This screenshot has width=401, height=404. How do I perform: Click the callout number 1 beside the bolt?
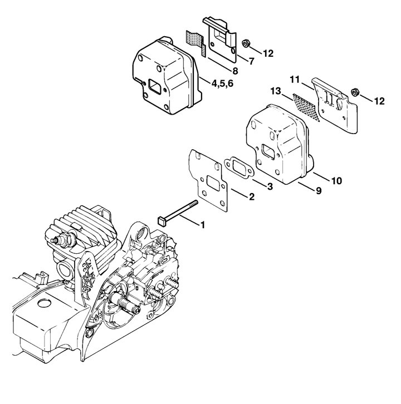coord(203,225)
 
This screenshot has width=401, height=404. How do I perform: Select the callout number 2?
coord(252,196)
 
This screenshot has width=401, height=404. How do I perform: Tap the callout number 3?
coord(270,186)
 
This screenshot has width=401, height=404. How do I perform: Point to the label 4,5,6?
coord(222,83)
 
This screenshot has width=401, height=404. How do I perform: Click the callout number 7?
coord(251,61)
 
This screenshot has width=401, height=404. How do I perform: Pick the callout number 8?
coord(235,71)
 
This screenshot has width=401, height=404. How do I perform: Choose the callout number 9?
coord(319,191)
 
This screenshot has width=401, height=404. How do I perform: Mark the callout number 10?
coord(336,181)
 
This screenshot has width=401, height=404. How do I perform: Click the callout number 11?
coord(295,80)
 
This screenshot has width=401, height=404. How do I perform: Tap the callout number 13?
coord(276,91)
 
